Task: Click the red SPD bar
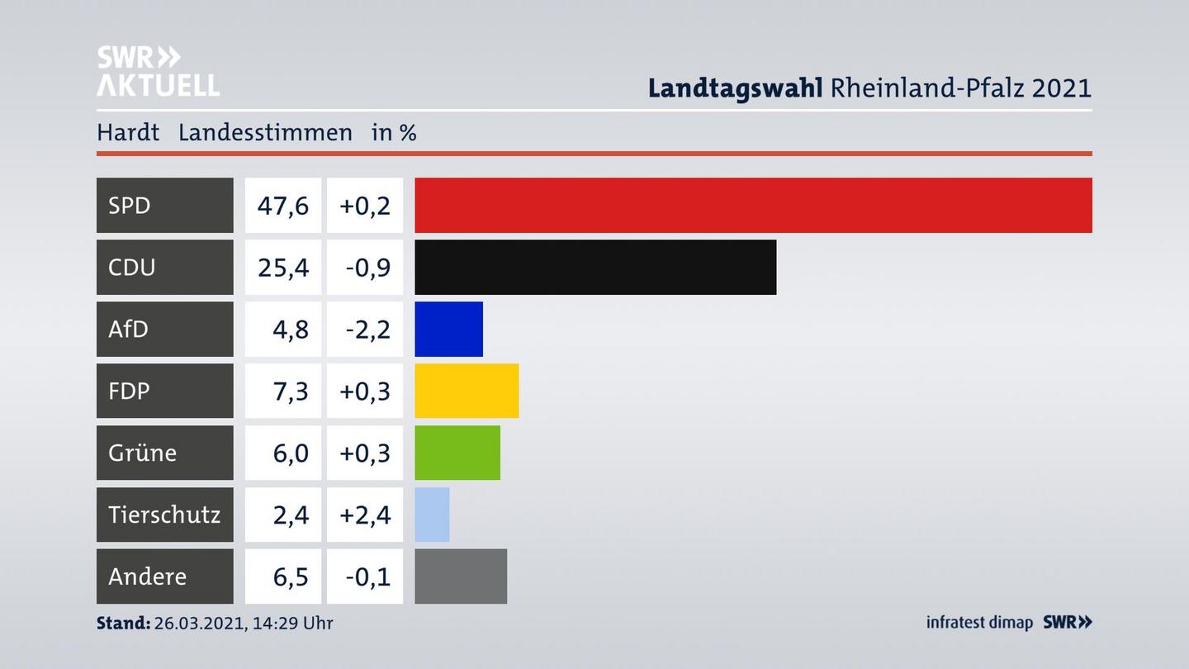point(753,205)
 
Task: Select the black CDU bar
point(595,267)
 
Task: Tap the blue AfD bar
point(448,329)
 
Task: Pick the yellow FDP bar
point(467,391)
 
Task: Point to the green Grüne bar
point(457,453)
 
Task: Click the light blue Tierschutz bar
point(432,515)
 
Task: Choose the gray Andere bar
point(461,576)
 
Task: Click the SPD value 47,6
point(283,205)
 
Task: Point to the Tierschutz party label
point(164,515)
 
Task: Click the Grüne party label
point(142,453)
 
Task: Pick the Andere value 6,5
point(291,576)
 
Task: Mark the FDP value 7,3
point(291,391)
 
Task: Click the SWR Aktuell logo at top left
point(158,71)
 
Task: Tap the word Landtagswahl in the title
point(735,88)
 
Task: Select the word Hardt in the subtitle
point(128,132)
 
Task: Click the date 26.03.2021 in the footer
point(198,623)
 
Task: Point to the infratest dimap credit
point(979,623)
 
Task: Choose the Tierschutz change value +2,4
point(365,515)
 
